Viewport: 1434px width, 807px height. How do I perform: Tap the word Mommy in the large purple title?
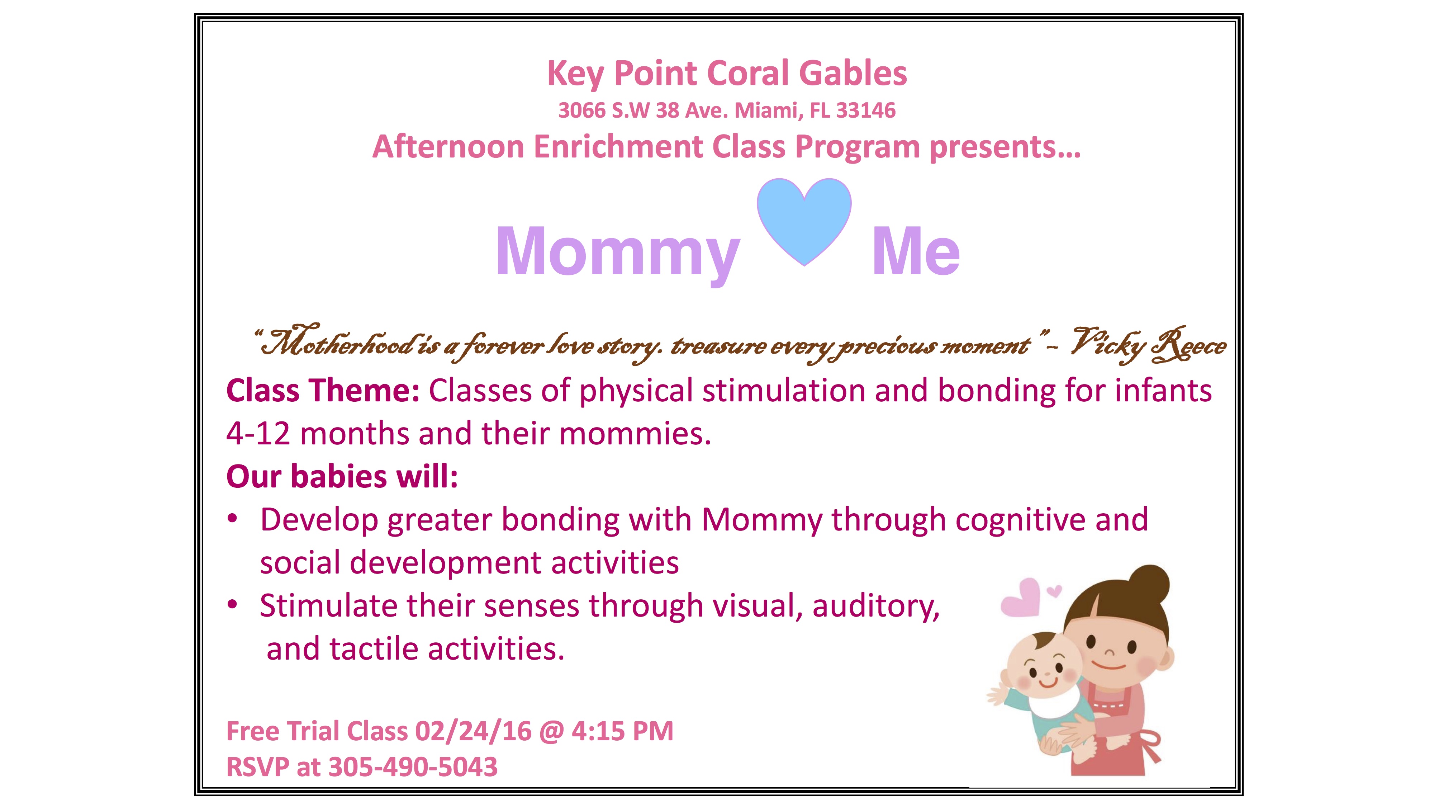click(x=618, y=254)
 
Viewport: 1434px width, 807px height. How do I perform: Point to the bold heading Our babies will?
click(x=342, y=476)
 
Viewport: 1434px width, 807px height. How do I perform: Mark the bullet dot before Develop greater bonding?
click(x=233, y=519)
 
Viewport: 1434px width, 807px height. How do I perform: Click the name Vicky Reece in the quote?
click(x=1148, y=344)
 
